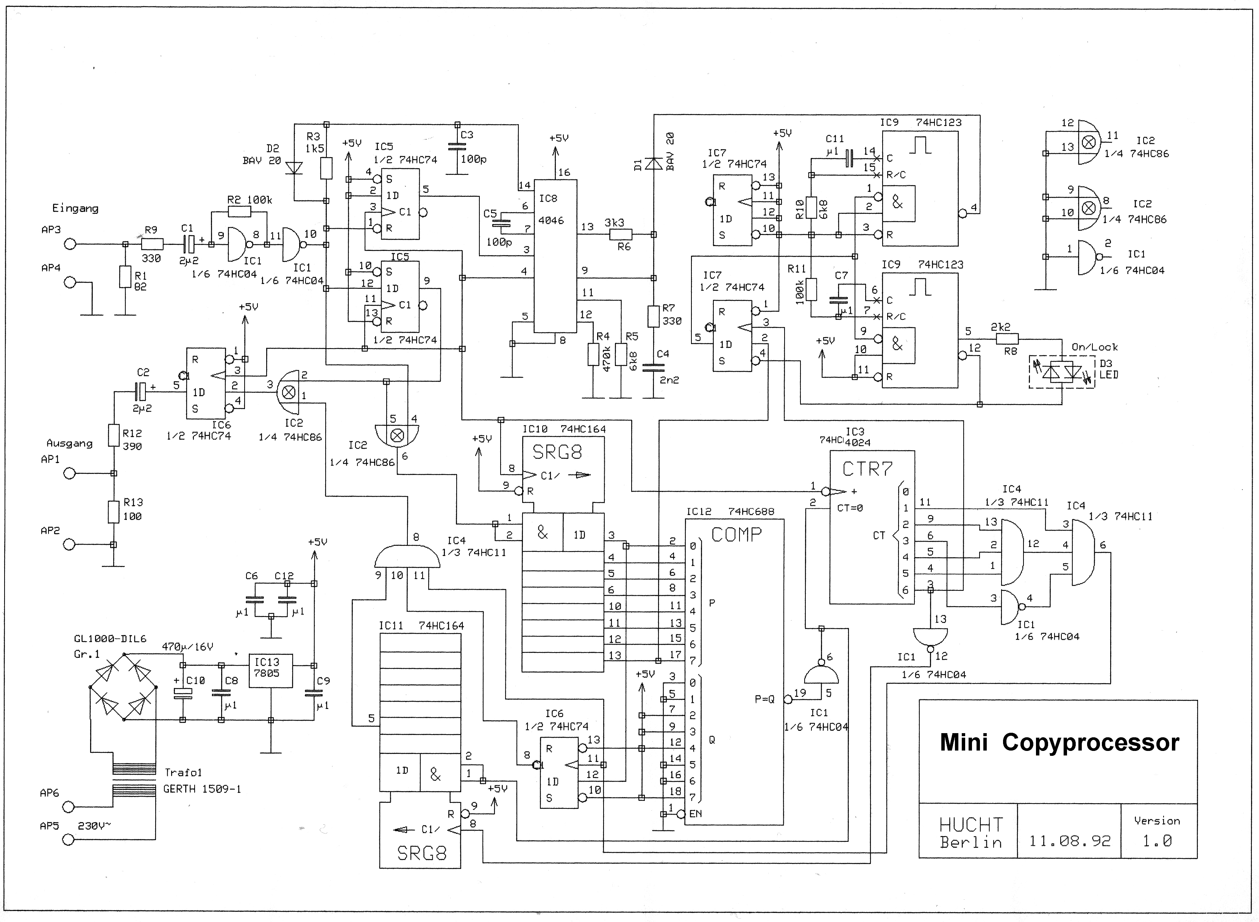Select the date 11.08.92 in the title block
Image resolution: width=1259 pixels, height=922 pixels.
click(1070, 841)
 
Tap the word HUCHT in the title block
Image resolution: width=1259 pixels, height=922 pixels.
click(971, 824)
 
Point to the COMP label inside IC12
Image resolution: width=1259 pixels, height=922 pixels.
click(736, 535)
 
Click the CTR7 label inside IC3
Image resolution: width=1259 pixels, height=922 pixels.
click(867, 469)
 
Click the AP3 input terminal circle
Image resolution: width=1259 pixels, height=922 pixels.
click(70, 244)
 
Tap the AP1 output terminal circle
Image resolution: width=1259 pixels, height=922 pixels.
click(69, 473)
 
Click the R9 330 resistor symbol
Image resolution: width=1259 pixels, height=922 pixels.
click(152, 244)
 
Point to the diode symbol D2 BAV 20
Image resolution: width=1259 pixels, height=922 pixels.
click(294, 167)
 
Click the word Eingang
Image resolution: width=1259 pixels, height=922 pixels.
click(75, 208)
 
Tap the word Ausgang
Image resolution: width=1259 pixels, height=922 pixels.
click(69, 444)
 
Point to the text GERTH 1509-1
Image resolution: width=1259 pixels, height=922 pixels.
click(202, 789)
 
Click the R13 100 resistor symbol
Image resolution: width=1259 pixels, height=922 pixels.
click(113, 512)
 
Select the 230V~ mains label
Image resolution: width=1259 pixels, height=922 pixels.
click(94, 825)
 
